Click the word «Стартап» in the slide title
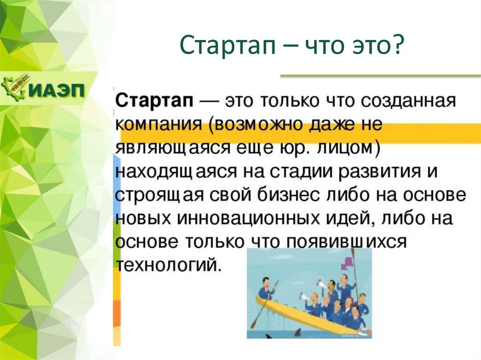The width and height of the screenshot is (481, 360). click(227, 46)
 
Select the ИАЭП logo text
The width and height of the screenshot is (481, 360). click(58, 90)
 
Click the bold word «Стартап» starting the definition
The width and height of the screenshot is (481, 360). click(155, 101)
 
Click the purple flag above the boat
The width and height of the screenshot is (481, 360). click(348, 263)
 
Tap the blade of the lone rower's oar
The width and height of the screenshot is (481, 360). click(254, 323)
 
